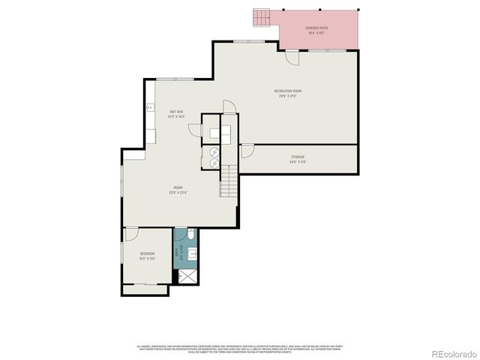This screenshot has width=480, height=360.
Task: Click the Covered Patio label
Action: tap(316, 28)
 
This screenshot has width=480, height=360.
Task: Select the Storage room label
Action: tap(298, 157)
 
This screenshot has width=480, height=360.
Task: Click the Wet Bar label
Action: tap(176, 112)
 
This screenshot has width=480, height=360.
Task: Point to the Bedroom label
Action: tap(147, 253)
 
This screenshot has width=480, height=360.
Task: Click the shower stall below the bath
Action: tap(184, 277)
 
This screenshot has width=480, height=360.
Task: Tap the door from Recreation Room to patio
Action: tap(292, 57)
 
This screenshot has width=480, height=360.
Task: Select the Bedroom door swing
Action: tap(131, 233)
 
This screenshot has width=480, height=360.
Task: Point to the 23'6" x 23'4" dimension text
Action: tap(178, 192)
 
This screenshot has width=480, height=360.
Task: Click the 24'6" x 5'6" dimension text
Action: tap(298, 161)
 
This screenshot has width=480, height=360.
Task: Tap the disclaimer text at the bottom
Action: tap(239, 347)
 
